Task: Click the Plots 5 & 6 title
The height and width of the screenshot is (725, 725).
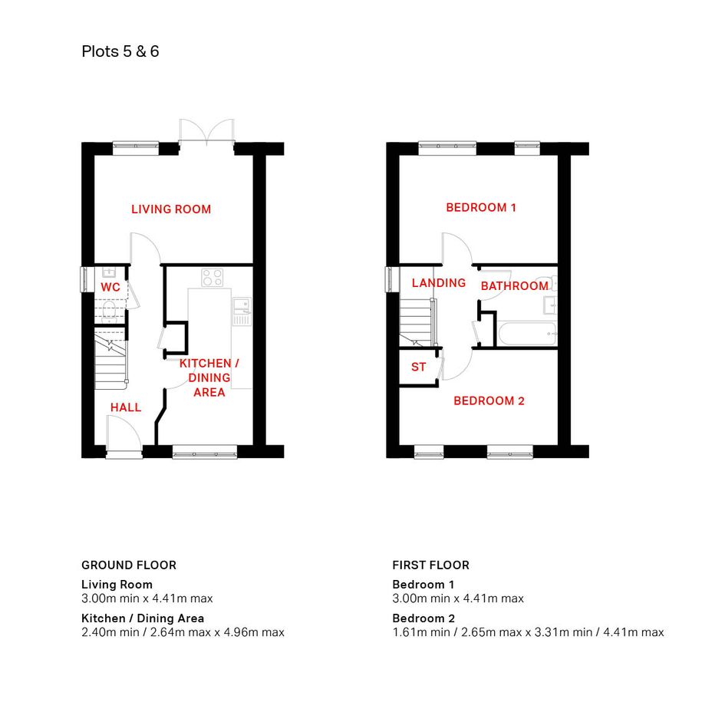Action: point(120,51)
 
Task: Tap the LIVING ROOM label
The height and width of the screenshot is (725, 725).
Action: point(171,209)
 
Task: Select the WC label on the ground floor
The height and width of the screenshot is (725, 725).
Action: point(110,287)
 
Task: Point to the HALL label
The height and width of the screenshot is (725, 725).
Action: point(126,407)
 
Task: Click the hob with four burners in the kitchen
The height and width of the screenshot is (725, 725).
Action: point(213,278)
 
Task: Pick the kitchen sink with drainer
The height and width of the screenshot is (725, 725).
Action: point(242,311)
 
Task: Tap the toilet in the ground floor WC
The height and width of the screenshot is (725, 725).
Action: point(110,311)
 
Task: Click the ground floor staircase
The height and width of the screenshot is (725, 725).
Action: point(110,358)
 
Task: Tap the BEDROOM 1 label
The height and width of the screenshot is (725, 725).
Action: point(481,208)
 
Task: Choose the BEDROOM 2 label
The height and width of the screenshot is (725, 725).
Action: point(489,401)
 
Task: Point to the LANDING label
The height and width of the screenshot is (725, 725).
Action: point(439,283)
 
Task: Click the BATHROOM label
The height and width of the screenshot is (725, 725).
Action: point(515,286)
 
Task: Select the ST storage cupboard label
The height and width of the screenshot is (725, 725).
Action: point(418,367)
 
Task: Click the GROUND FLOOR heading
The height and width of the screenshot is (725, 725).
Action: point(129,565)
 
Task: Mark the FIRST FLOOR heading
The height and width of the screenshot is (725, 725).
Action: point(431,565)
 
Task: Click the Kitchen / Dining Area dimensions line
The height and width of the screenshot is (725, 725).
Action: point(183,632)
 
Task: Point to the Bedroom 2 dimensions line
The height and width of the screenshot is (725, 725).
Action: point(528,632)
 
